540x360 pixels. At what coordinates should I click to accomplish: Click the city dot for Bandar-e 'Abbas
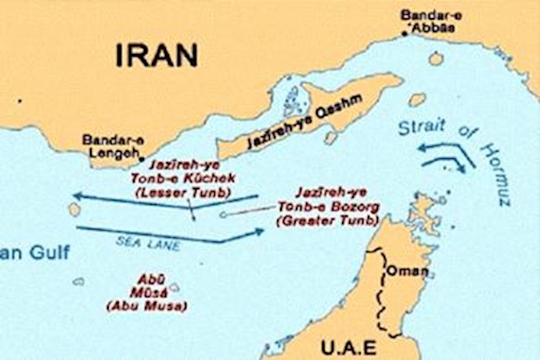405,33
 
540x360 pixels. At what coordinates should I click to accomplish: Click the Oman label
407,272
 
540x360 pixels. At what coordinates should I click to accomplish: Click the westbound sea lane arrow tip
73,195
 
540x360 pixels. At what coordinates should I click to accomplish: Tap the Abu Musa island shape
173,287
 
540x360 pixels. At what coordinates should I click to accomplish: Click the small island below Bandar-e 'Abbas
436,59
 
